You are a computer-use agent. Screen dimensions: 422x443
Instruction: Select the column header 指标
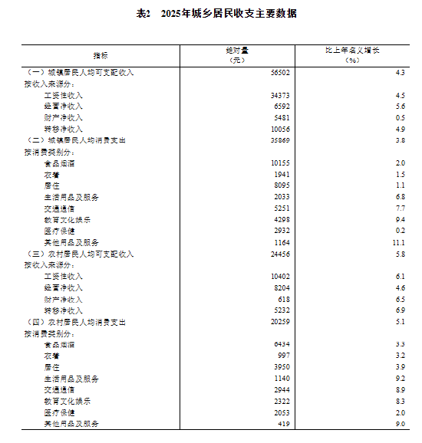[101, 55]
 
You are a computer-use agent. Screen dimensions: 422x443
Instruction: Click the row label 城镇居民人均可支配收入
[80, 71]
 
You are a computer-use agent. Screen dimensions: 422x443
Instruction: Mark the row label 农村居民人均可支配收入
[80, 254]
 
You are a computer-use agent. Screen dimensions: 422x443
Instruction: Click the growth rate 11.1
[399, 242]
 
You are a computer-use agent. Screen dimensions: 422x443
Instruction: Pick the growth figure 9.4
[400, 219]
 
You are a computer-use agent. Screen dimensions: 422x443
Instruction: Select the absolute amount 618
[283, 299]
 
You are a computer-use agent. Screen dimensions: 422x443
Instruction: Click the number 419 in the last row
[283, 424]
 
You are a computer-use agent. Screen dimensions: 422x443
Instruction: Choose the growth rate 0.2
[400, 231]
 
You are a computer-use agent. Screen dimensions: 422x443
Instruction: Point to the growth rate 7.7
[400, 208]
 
